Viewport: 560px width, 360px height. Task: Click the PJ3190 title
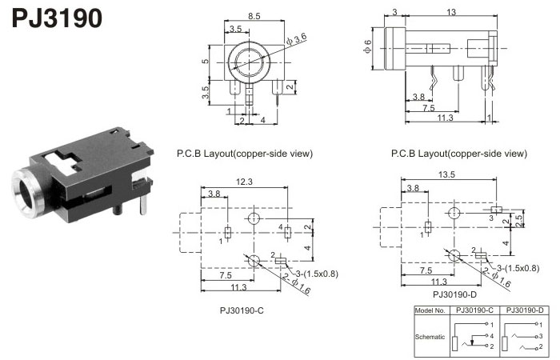pyautogui.click(x=57, y=18)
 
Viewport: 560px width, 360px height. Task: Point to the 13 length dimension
pyautogui.click(x=452, y=12)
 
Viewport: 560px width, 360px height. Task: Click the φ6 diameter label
pyautogui.click(x=367, y=47)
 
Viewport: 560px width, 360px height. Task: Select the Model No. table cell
pyautogui.click(x=431, y=310)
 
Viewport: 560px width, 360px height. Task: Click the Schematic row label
pyautogui.click(x=430, y=337)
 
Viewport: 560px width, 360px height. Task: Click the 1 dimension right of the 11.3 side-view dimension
pyautogui.click(x=490, y=118)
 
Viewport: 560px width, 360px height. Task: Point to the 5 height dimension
pyautogui.click(x=205, y=61)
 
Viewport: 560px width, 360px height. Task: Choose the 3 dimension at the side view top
pyautogui.click(x=395, y=12)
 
